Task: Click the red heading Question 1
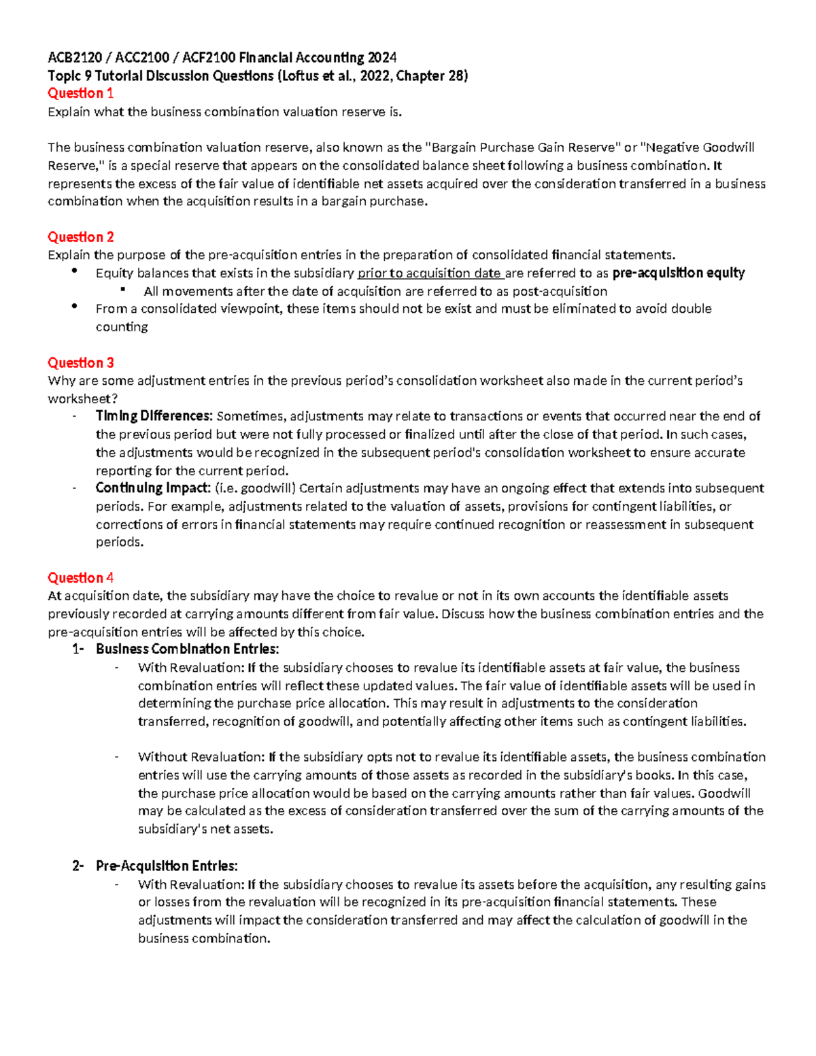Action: pos(80,93)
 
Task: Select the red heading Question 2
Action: pos(80,237)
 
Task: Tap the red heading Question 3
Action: pos(80,362)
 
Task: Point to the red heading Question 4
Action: pos(80,578)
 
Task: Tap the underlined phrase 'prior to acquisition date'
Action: pos(429,273)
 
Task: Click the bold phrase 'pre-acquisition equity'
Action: pos(678,273)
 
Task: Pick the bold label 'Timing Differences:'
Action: pos(154,416)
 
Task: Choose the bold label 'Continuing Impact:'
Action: pos(153,488)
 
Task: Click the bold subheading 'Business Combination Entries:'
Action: pos(187,649)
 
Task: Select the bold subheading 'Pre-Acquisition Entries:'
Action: pos(167,866)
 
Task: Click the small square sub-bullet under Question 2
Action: pos(123,290)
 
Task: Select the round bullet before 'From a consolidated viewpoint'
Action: pos(74,307)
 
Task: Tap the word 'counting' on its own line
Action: pos(122,327)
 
